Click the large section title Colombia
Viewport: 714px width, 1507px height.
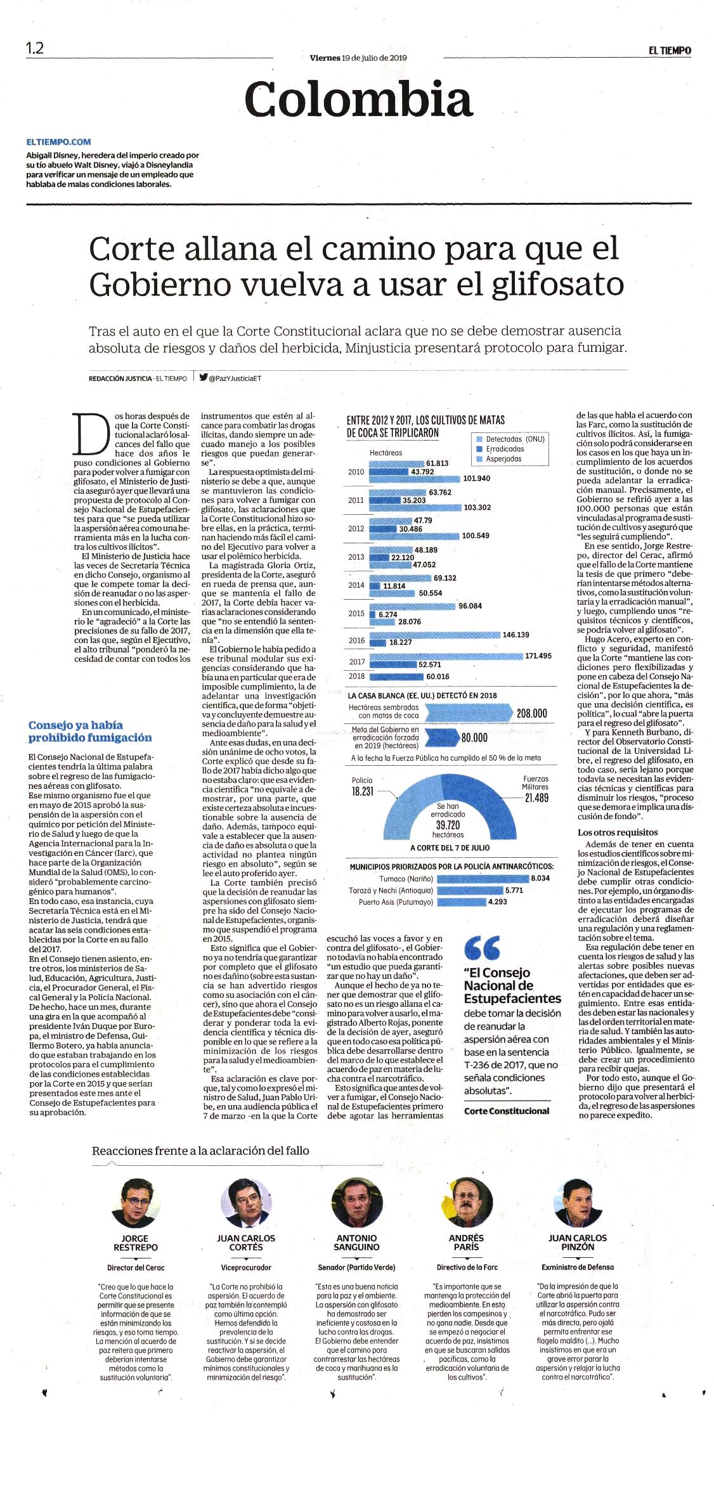pos(358,100)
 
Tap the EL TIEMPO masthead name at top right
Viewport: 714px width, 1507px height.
pos(670,51)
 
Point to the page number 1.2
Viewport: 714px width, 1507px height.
pos(34,48)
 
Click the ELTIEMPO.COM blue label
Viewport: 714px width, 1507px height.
pos(58,142)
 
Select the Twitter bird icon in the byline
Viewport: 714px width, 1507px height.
pos(204,377)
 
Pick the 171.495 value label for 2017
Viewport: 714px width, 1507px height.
pos(538,656)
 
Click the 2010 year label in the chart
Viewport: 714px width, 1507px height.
pos(356,472)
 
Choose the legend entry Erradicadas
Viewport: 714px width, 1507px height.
pos(505,449)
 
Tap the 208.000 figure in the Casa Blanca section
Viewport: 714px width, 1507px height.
pos(531,713)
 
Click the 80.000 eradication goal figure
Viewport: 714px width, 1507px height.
pos(474,737)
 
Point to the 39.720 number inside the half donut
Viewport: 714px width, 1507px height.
pos(448,825)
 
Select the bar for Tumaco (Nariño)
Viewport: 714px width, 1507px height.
pos(483,879)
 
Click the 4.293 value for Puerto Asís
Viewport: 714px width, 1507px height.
pos(497,902)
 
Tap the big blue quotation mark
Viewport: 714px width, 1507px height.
pos(482,948)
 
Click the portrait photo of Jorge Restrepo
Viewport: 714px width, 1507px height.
pos(135,1203)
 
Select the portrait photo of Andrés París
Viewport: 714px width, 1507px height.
pos(466,1203)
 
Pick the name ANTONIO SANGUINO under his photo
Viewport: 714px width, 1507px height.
pos(356,1242)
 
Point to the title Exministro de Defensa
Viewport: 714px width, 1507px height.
pos(578,1267)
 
